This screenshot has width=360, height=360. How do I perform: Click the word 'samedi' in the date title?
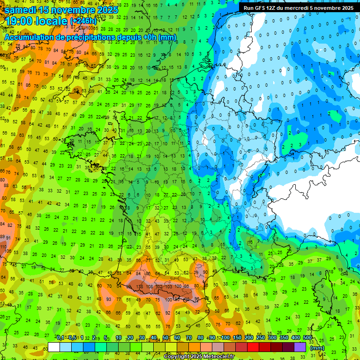click(x=21, y=9)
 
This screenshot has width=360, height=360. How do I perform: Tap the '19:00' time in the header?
click(x=20, y=21)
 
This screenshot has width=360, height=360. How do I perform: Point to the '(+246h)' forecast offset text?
click(x=83, y=21)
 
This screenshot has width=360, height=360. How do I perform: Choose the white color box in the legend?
click(x=54, y=347)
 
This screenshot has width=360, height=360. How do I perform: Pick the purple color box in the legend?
click(x=300, y=347)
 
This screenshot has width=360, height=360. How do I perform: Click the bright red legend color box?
click(x=253, y=347)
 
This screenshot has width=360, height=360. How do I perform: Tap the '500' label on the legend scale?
click(x=307, y=337)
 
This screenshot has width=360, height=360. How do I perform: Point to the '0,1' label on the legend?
click(x=60, y=337)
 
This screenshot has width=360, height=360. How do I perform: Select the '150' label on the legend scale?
click(x=237, y=337)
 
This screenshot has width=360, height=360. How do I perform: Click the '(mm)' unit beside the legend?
click(x=317, y=348)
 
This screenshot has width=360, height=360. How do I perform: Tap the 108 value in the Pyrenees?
click(x=150, y=287)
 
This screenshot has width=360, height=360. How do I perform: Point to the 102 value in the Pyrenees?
click(x=159, y=287)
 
